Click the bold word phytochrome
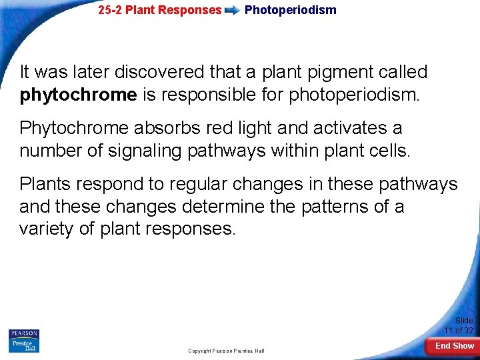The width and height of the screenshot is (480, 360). (78, 95)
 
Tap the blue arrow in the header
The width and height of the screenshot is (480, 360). (233, 11)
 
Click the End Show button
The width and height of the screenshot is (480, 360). (455, 345)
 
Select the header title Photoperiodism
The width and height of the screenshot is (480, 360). (290, 10)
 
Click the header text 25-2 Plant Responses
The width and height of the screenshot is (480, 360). (159, 10)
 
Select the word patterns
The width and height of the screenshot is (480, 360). (329, 207)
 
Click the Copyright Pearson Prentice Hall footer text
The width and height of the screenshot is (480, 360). (226, 351)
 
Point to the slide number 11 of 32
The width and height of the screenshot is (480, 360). (459, 331)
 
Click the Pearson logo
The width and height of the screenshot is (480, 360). (24, 334)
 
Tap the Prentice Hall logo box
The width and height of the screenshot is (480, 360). (24, 345)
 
